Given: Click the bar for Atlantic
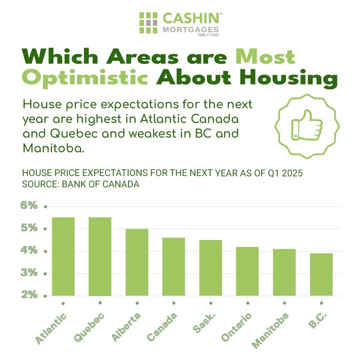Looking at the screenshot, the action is point(63,256).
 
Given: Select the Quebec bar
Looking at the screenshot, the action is point(100,256).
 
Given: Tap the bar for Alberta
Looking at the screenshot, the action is point(137,262).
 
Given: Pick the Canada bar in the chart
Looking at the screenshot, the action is point(174,267).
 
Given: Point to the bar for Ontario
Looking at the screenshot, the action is point(247,271).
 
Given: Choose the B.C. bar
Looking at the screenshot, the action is point(321,274).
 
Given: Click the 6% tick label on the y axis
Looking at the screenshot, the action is point(29,205).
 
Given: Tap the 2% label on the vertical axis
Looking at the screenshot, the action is point(29,294).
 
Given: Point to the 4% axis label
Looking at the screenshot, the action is point(29,250).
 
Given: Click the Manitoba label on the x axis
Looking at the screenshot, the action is point(270,331).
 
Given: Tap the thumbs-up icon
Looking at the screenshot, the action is point(307,125).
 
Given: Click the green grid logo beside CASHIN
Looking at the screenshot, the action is point(148,23).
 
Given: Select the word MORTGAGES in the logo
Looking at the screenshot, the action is point(191,30).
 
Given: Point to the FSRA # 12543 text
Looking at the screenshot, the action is point(208,35).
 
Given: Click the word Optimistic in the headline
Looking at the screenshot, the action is point(85,78).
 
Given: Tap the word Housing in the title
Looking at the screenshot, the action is point(289,78).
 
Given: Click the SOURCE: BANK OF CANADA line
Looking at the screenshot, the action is point(81,184).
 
